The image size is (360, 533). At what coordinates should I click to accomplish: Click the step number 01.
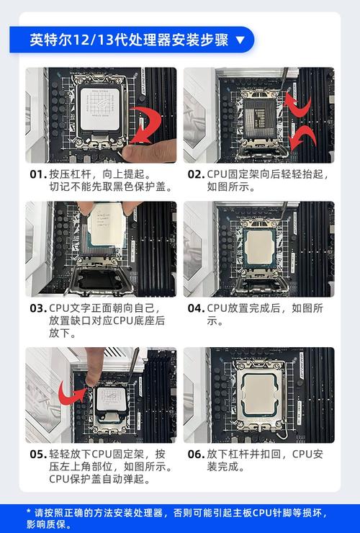37,174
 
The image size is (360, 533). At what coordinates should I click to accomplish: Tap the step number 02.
196,174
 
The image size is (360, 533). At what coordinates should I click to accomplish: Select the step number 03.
37,308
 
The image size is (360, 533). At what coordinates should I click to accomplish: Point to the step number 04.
196,308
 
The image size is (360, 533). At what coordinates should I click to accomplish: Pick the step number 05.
37,454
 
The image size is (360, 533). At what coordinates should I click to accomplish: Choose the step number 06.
196,454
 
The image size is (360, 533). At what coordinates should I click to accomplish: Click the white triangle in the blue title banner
240,40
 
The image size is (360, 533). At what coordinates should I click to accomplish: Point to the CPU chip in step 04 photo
258,246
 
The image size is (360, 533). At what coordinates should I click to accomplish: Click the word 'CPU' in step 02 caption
217,174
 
